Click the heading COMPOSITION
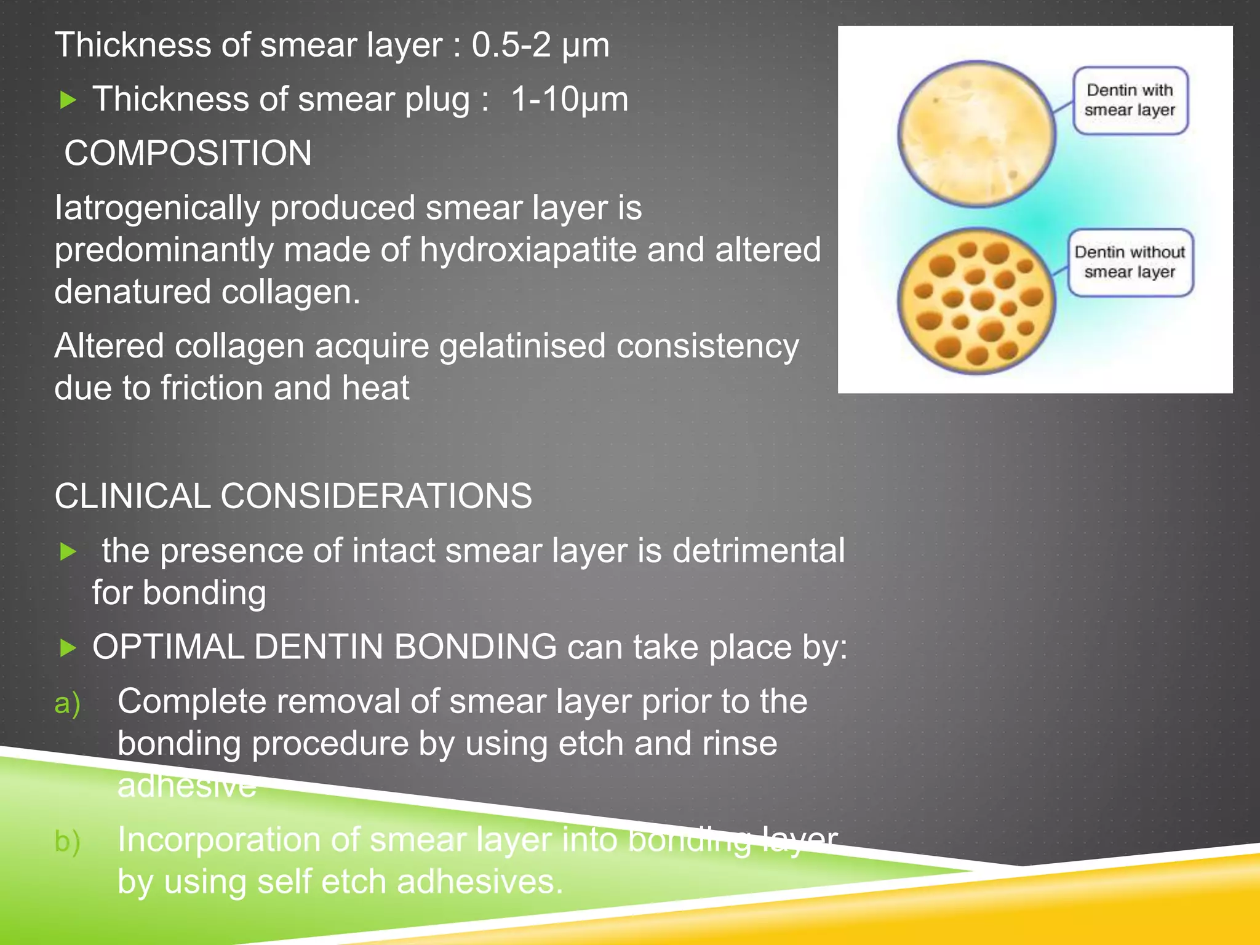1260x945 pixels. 188,153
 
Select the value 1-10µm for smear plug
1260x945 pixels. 569,99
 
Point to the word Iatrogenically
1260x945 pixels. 157,208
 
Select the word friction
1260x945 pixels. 212,388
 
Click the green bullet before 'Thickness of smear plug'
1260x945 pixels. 68,100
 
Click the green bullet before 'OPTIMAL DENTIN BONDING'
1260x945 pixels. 68,648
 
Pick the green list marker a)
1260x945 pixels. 67,703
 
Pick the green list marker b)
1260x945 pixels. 67,842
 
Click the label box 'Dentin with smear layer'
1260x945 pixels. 1130,100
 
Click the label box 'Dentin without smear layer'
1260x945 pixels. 1130,262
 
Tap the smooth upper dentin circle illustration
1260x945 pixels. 976,134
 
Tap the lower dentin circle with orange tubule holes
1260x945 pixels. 976,300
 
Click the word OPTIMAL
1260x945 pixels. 168,647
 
